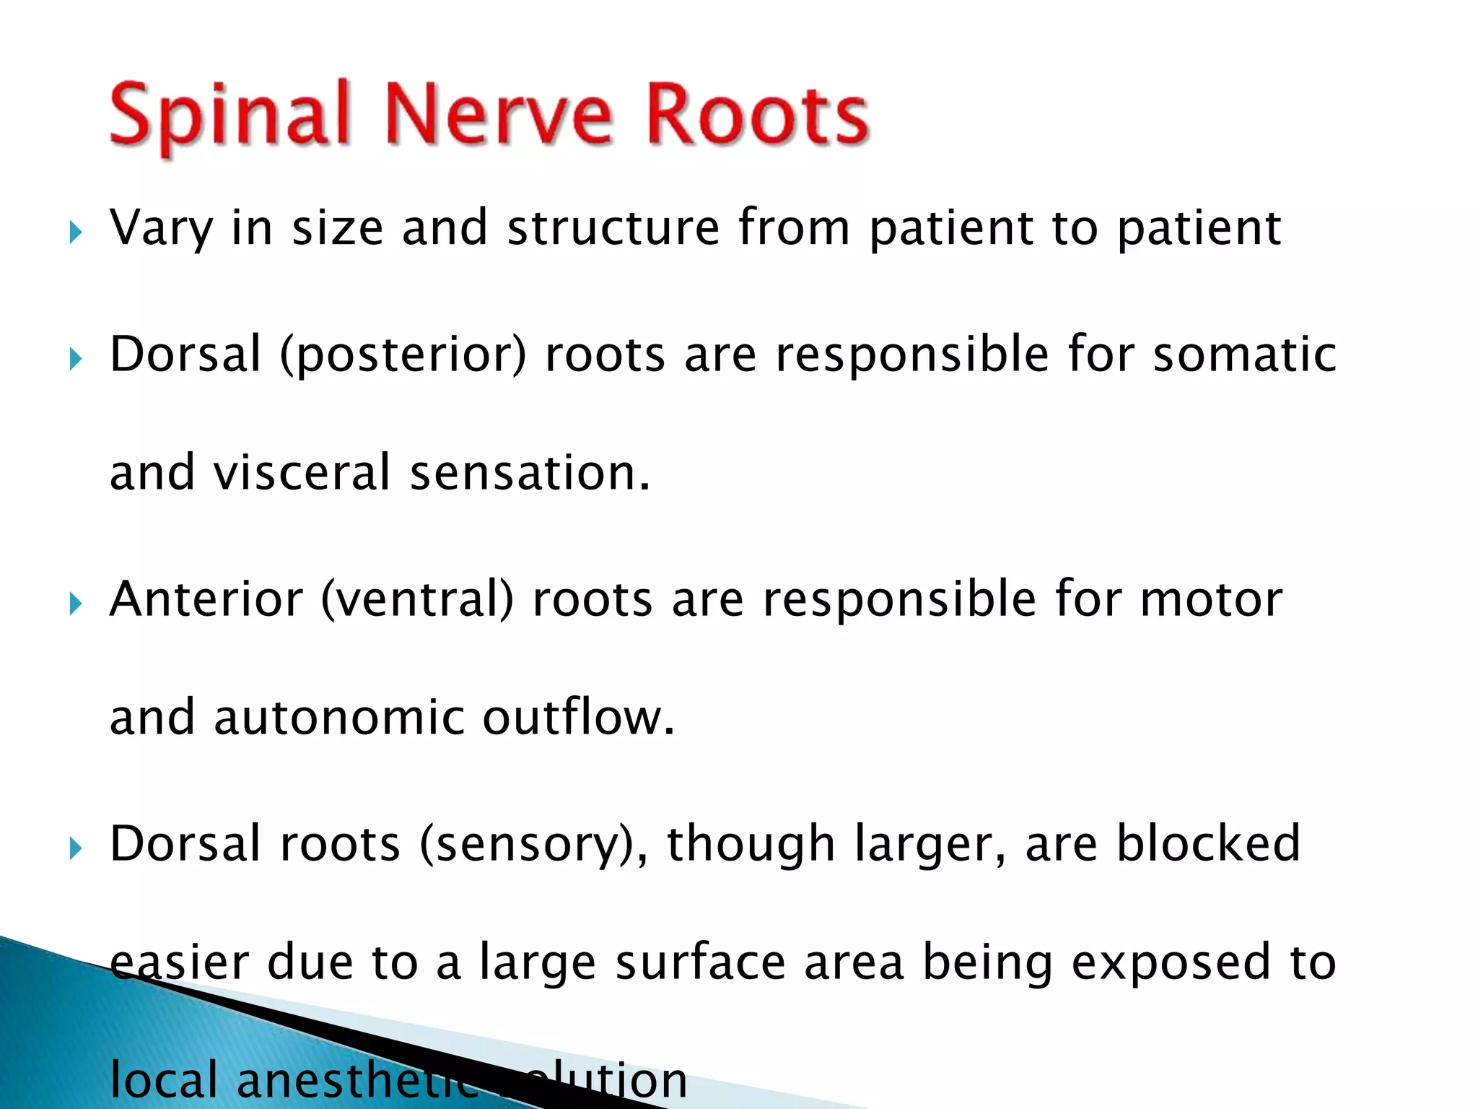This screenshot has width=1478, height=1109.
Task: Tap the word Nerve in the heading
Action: click(x=498, y=116)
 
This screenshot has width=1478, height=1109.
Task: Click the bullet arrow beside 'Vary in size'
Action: click(x=76, y=232)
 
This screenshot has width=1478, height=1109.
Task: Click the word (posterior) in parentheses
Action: click(x=403, y=355)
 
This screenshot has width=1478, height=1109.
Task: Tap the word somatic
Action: click(x=1245, y=355)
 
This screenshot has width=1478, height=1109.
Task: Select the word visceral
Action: click(x=302, y=473)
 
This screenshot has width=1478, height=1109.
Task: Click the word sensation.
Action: click(x=530, y=473)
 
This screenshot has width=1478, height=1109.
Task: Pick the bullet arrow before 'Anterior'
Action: click(x=76, y=604)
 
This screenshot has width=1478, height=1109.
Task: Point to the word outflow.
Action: click(x=578, y=718)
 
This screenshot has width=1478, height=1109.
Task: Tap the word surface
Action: click(x=700, y=962)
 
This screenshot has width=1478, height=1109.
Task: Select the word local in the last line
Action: click(x=163, y=1080)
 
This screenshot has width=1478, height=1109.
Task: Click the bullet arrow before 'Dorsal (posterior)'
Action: click(x=76, y=358)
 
